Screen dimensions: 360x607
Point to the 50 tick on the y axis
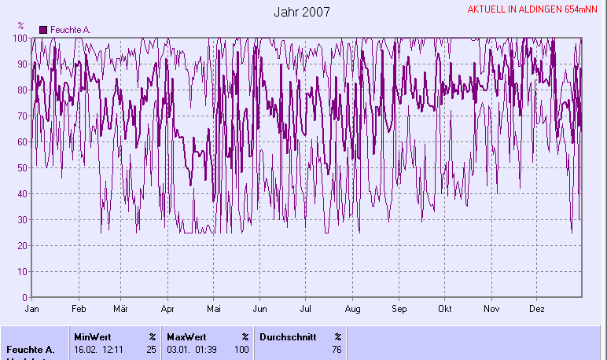23,167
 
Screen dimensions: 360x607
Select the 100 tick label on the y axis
20,38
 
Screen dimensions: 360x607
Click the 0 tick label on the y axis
25,298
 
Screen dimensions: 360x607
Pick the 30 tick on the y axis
23,219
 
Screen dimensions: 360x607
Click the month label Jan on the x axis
32,310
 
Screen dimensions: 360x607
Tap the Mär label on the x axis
120,310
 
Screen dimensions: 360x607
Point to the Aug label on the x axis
353,310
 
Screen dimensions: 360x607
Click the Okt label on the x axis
446,310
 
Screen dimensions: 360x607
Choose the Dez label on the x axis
537,310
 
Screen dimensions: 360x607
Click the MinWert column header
93,336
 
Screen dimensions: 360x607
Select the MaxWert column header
186,336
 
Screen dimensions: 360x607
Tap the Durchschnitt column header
285,336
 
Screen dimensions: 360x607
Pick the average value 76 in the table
337,350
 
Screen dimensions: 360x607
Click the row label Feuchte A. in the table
30,350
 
